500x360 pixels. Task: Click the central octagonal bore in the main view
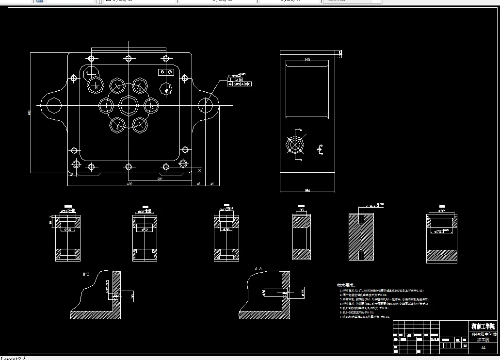(129, 105)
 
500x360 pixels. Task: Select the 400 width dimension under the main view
(129, 184)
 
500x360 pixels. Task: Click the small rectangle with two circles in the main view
(166, 72)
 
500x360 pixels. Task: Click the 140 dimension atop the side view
(306, 60)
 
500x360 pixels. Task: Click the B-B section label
(86, 274)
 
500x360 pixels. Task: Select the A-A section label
(258, 268)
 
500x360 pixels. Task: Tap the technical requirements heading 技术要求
(346, 285)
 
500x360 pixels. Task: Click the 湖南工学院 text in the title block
(484, 326)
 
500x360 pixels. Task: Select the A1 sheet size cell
(483, 347)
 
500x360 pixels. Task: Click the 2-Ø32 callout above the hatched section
(374, 205)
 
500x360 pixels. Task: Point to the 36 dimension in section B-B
(133, 294)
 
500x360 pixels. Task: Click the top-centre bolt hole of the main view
(129, 59)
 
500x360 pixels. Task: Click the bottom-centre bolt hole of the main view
(129, 167)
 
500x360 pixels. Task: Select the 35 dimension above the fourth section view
(302, 211)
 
